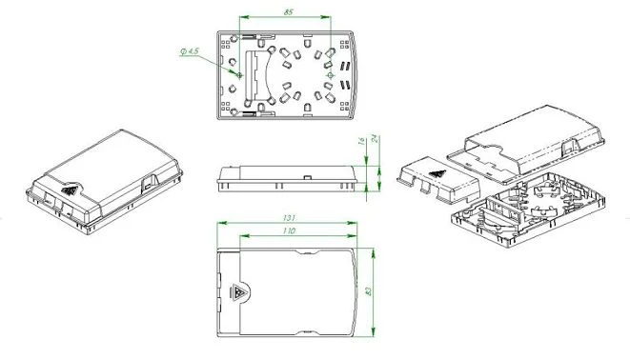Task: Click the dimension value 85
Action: pyautogui.click(x=288, y=12)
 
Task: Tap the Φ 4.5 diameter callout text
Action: pyautogui.click(x=190, y=51)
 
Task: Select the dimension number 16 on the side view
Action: pyautogui.click(x=361, y=141)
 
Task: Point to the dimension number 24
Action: pyautogui.click(x=374, y=139)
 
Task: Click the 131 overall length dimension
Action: pyautogui.click(x=289, y=218)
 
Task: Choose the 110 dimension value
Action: pyautogui.click(x=289, y=230)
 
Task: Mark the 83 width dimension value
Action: pyautogui.click(x=368, y=290)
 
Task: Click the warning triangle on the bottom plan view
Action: pyautogui.click(x=238, y=292)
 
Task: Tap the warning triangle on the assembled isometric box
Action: pyautogui.click(x=70, y=190)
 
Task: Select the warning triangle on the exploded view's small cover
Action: pyautogui.click(x=437, y=173)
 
